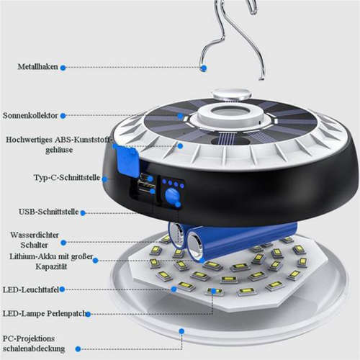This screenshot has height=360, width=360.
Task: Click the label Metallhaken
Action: pyautogui.click(x=38, y=67)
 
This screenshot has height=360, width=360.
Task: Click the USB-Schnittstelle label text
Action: pyautogui.click(x=42, y=212)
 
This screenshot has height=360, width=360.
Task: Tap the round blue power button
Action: pyautogui.click(x=172, y=197)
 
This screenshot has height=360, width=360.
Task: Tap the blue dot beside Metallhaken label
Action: pyautogui.click(x=63, y=67)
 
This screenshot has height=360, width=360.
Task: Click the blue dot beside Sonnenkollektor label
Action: pyautogui.click(x=63, y=115)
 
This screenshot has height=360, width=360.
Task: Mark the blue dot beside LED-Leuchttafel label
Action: pyautogui.click(x=63, y=289)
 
